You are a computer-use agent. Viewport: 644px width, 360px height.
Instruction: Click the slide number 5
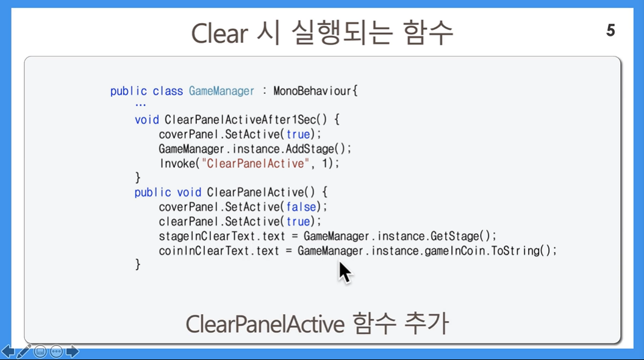[610, 31]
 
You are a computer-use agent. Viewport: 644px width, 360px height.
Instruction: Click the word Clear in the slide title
[220, 33]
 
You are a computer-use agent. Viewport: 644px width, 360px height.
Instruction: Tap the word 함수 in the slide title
[428, 33]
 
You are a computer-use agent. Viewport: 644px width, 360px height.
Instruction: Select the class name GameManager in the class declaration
[221, 91]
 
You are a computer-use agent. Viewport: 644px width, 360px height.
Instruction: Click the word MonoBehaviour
[312, 91]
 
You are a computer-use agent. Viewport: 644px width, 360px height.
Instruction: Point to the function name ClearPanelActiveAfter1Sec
[240, 120]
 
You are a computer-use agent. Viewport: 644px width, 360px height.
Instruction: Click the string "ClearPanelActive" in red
[255, 164]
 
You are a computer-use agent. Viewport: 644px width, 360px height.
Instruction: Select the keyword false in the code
[301, 207]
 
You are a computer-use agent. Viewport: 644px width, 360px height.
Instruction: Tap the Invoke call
[176, 164]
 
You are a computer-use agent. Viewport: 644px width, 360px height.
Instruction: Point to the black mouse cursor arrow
[345, 272]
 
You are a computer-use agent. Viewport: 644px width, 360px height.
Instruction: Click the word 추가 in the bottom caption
[426, 324]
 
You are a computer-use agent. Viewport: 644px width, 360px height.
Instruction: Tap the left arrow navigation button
[8, 352]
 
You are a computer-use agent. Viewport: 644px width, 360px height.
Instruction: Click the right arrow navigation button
[73, 352]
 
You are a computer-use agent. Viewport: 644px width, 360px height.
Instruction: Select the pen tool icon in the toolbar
[24, 352]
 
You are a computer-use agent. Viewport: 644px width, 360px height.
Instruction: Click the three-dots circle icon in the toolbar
[56, 352]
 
